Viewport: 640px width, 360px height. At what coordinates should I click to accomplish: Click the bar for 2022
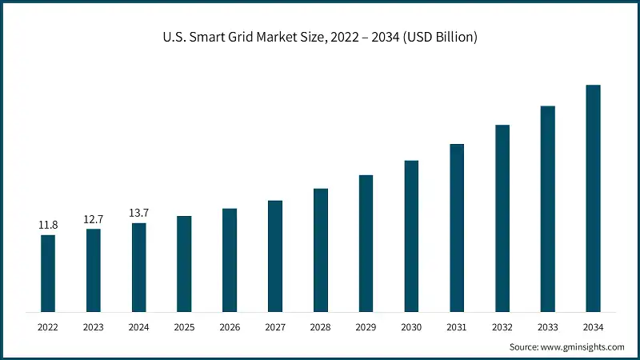coord(48,273)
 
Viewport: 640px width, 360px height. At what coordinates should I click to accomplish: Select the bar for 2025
coord(184,263)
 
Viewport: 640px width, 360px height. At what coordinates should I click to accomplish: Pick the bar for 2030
coord(411,236)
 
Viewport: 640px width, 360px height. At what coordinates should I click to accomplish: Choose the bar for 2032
coord(502,218)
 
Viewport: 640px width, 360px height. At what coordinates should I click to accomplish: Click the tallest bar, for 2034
coord(593,198)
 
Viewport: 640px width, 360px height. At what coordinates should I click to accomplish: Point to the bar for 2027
coord(275,256)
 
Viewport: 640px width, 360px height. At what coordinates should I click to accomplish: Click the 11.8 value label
coord(48,226)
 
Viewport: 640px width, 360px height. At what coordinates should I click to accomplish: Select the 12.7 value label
coord(94,219)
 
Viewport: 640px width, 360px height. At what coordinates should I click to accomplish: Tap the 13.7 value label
coord(139,213)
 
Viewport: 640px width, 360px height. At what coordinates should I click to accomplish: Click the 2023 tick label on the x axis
coord(94,327)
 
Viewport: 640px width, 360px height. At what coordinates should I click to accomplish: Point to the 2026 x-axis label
coord(230,327)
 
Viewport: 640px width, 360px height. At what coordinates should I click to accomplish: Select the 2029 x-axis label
coord(366,327)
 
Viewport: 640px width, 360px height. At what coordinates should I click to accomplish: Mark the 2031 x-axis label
coord(457,327)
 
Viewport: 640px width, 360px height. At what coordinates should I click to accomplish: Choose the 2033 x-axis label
coord(547,327)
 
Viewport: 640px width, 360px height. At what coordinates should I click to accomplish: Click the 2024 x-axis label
coord(139,327)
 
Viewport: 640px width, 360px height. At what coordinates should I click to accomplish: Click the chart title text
coord(320,38)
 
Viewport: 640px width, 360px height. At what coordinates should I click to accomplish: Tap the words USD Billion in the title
coord(444,38)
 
